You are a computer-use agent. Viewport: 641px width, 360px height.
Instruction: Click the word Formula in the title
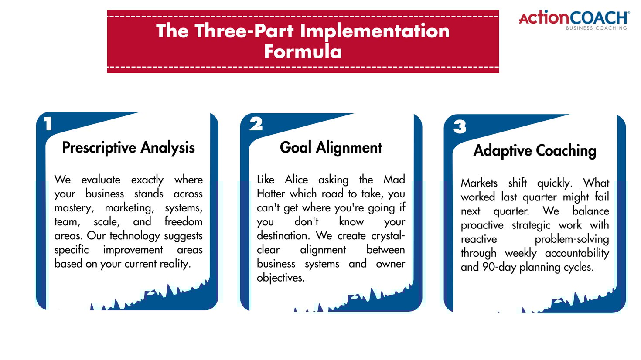point(303,51)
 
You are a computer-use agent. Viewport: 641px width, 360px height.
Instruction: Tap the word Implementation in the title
point(375,31)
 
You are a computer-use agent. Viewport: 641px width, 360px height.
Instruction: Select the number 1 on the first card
point(48,124)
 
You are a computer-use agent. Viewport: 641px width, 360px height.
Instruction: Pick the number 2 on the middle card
point(256,124)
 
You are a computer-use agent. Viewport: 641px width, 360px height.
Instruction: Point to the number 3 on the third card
point(460,127)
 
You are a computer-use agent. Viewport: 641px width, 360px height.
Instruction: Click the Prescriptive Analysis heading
point(128,147)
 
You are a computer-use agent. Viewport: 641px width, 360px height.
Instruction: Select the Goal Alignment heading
point(331,147)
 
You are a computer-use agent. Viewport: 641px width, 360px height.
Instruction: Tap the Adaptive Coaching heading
point(535,150)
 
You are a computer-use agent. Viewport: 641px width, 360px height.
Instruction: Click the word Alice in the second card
point(296,180)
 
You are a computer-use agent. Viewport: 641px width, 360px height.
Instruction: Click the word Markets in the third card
point(479,183)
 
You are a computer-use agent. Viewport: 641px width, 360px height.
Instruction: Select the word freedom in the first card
point(183,221)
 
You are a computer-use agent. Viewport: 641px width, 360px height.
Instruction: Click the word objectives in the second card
point(280,278)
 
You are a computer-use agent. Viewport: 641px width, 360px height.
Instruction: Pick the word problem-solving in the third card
point(571,239)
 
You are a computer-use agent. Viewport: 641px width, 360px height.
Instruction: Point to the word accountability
point(576,253)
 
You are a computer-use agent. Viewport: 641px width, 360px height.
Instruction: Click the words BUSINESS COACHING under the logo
point(596,28)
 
